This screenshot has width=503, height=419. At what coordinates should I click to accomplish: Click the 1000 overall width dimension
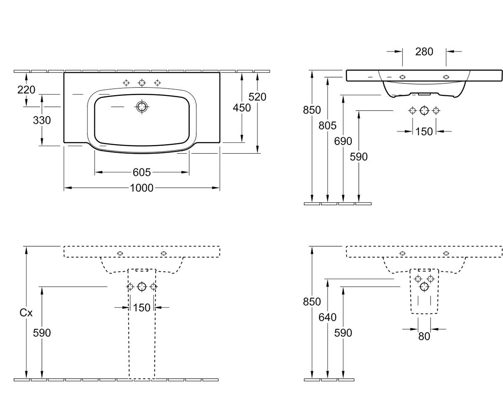[142, 188]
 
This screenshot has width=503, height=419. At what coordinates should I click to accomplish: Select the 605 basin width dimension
[142, 172]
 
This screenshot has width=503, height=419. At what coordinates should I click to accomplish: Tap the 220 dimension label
[26, 90]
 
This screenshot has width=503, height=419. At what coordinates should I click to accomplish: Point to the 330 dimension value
[42, 120]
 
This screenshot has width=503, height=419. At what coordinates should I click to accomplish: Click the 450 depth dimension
[242, 108]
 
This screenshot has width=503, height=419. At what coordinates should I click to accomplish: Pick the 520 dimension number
[257, 97]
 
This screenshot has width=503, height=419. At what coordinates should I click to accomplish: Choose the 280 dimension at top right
[424, 52]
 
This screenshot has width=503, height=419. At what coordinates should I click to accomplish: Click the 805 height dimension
[327, 125]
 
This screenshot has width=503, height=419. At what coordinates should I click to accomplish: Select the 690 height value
[343, 141]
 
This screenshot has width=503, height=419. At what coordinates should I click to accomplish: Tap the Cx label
[26, 313]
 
